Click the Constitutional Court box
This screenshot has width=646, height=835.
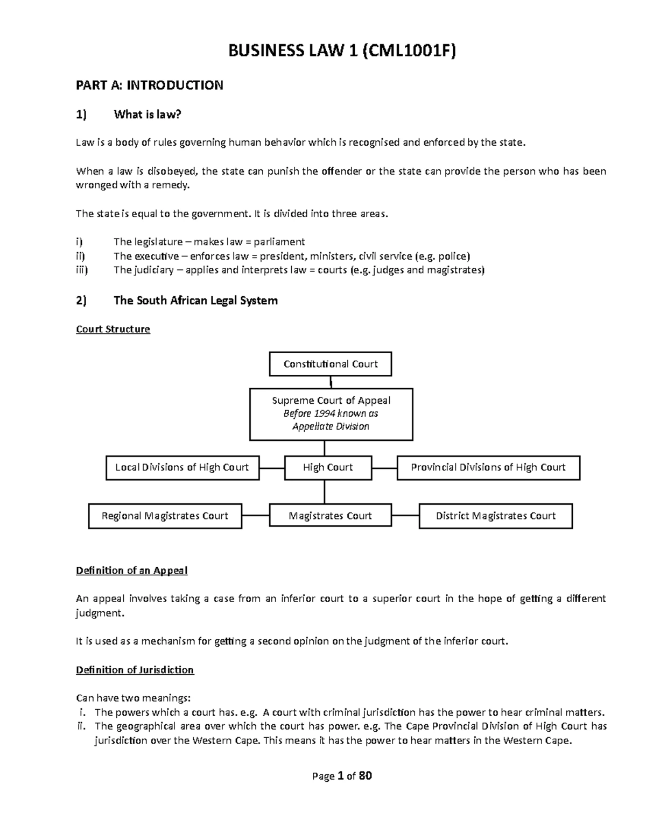(x=330, y=364)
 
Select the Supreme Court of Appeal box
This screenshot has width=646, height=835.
(x=331, y=414)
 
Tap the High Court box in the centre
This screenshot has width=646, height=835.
(x=327, y=467)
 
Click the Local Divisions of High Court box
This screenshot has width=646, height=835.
(x=182, y=467)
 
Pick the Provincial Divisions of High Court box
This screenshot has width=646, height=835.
(x=488, y=467)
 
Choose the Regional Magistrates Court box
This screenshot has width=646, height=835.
(x=165, y=516)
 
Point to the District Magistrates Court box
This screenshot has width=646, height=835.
(x=495, y=516)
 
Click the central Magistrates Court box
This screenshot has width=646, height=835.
(x=330, y=516)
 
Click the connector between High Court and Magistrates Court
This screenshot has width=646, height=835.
(x=325, y=491)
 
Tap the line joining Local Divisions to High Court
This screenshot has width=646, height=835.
(x=272, y=468)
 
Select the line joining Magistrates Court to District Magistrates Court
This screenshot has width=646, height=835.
(x=405, y=516)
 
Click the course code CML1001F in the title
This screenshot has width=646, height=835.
(x=410, y=51)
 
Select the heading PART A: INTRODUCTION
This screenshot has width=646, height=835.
(x=149, y=85)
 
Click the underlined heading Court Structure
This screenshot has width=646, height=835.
(x=113, y=329)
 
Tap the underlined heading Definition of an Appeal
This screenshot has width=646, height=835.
(x=131, y=570)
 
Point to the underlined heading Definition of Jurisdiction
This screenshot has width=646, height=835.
(x=135, y=670)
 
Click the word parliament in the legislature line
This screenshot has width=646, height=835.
(x=279, y=242)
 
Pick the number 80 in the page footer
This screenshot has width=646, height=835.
(x=365, y=776)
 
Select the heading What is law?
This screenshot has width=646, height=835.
(x=148, y=115)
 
